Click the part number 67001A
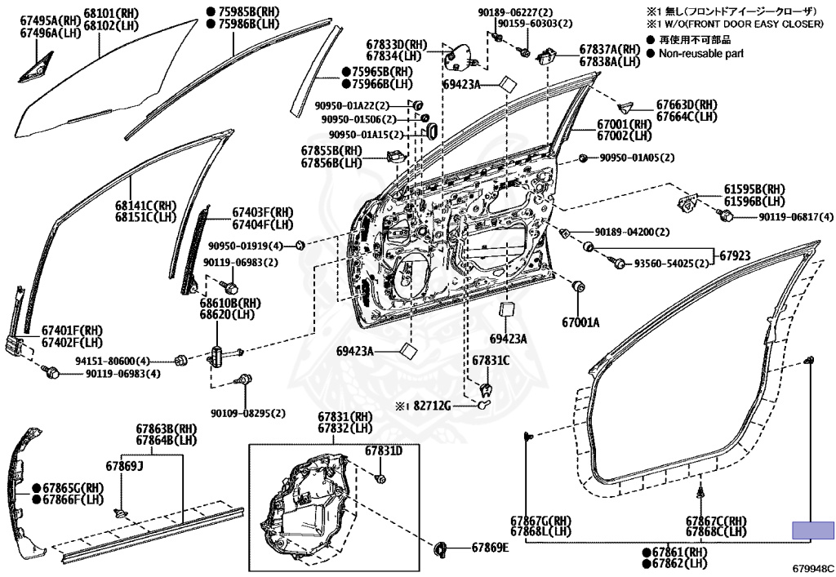click(579, 322)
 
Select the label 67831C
click(490, 360)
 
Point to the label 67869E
click(489, 548)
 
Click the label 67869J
click(124, 466)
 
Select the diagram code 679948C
click(812, 564)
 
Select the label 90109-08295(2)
click(248, 414)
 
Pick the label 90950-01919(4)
click(245, 246)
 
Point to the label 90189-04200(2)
click(632, 233)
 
